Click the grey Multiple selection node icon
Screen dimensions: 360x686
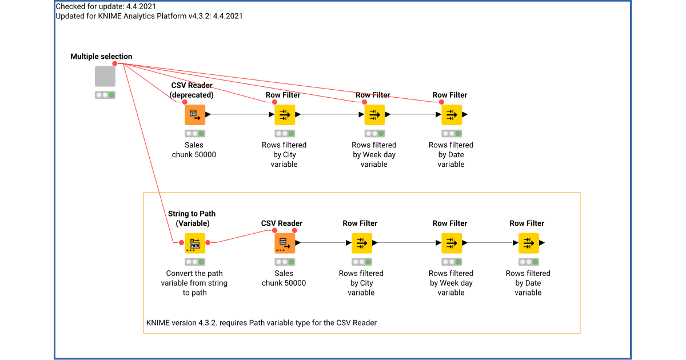(105, 77)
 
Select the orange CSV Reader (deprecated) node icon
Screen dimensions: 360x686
(194, 114)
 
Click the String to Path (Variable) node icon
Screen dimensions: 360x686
(194, 243)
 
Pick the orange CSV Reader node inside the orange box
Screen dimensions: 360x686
(284, 243)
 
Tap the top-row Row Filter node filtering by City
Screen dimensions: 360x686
(284, 114)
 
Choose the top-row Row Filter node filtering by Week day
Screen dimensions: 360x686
(374, 114)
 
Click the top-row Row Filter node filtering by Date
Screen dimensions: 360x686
(451, 114)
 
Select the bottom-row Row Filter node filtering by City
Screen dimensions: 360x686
(361, 243)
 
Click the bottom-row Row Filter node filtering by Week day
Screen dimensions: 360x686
(451, 243)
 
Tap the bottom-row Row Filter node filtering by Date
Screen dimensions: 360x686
(528, 243)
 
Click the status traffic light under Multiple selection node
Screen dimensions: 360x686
(105, 95)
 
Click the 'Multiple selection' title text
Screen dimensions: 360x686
(101, 57)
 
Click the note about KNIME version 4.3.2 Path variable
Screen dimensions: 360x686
(261, 323)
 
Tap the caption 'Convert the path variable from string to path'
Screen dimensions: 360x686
(194, 283)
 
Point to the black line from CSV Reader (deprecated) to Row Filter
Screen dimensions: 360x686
(240, 114)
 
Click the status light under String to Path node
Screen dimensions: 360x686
(194, 262)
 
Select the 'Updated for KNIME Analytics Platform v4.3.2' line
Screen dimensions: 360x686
(149, 16)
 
